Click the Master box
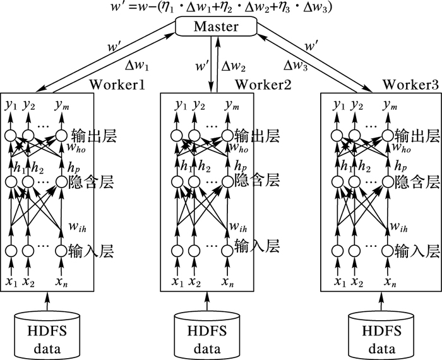(217, 27)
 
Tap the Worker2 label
(263, 85)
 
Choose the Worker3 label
(410, 85)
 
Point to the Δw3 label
(296, 64)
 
